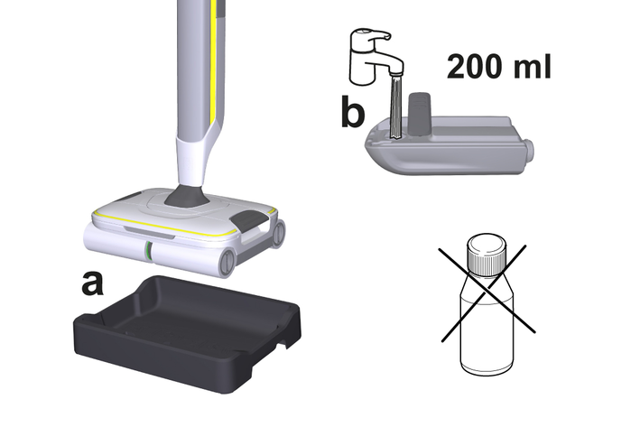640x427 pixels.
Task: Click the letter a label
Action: (x=92, y=283)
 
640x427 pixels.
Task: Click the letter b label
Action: (x=353, y=110)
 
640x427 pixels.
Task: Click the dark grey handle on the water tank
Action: (x=420, y=113)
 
